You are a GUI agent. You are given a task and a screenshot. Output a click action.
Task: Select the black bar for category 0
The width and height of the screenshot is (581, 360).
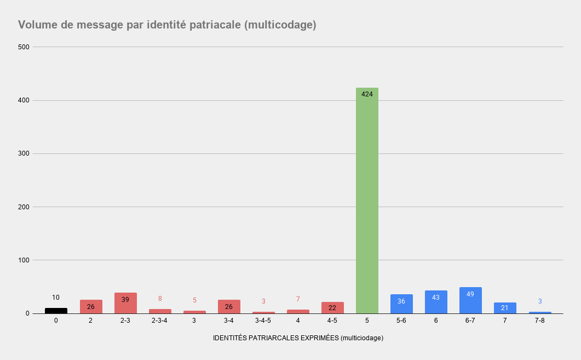(56, 311)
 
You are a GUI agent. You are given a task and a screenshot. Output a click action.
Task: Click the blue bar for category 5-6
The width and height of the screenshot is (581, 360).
(401, 305)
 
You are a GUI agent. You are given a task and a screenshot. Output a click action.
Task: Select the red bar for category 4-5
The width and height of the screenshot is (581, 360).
(332, 308)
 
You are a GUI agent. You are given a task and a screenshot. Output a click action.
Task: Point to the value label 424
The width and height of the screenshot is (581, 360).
(367, 94)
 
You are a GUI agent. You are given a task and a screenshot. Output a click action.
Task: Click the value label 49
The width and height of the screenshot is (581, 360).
(470, 294)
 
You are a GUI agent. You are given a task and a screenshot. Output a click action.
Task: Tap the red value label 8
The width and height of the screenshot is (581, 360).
(160, 299)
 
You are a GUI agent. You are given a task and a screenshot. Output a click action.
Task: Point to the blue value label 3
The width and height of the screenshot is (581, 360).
(540, 301)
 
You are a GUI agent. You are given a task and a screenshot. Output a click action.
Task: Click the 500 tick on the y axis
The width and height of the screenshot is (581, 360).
(23, 47)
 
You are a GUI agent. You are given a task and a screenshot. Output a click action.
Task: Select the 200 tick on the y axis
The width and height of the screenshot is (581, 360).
(23, 207)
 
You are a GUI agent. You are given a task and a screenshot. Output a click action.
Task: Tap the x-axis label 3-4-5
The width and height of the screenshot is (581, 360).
(263, 321)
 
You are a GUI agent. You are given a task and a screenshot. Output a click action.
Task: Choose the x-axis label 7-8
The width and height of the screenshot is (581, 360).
(540, 321)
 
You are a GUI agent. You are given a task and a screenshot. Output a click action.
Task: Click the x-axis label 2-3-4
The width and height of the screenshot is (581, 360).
(160, 321)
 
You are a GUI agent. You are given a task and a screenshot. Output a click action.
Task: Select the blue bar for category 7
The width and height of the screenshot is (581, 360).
(505, 308)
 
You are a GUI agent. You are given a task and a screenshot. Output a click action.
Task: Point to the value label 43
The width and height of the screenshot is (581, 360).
(436, 298)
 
